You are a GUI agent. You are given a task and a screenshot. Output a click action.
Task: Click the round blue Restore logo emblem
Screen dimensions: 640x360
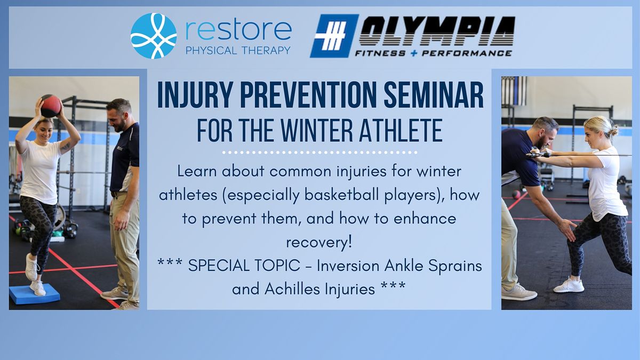tap(154, 36)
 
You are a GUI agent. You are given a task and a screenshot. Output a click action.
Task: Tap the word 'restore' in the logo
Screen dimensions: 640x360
tap(238, 30)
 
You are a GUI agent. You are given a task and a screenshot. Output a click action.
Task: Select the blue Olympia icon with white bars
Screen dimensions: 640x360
tap(334, 36)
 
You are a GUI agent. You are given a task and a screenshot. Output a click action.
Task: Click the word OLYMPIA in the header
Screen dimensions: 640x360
tap(437, 31)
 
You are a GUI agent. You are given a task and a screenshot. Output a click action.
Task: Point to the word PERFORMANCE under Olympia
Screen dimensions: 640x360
tap(467, 53)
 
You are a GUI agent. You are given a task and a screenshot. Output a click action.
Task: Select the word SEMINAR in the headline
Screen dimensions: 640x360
tap(434, 95)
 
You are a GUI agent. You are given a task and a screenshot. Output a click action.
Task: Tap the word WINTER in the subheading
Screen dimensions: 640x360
tap(317, 131)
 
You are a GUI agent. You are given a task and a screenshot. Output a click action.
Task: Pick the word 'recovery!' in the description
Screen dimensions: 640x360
tap(319, 243)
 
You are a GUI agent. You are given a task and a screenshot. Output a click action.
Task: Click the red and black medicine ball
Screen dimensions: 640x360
tap(51, 106)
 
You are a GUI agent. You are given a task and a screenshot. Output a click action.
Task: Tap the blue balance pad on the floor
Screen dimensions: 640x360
tap(35, 294)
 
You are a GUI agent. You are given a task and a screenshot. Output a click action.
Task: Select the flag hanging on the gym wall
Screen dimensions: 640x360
tap(514, 91)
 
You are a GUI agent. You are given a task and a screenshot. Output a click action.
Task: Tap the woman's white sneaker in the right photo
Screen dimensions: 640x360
tap(569, 285)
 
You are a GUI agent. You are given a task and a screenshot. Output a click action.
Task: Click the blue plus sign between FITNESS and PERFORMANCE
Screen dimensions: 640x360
tap(413, 53)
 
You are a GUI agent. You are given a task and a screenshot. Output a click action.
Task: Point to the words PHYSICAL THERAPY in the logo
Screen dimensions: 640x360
tap(238, 51)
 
